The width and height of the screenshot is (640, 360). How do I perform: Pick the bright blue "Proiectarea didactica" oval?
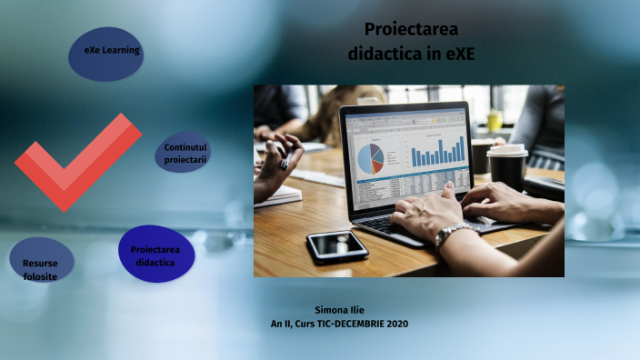click(x=155, y=254)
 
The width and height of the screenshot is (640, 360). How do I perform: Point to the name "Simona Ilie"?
click(x=339, y=310)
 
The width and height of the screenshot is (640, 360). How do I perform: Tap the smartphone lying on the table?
click(x=337, y=245)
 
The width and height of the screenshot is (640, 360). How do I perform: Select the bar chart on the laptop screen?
click(x=437, y=150)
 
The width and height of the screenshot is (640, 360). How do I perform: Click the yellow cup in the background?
click(x=494, y=120)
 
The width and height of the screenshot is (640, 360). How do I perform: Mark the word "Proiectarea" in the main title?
click(x=410, y=29)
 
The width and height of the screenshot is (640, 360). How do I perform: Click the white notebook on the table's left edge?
click(x=277, y=195)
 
